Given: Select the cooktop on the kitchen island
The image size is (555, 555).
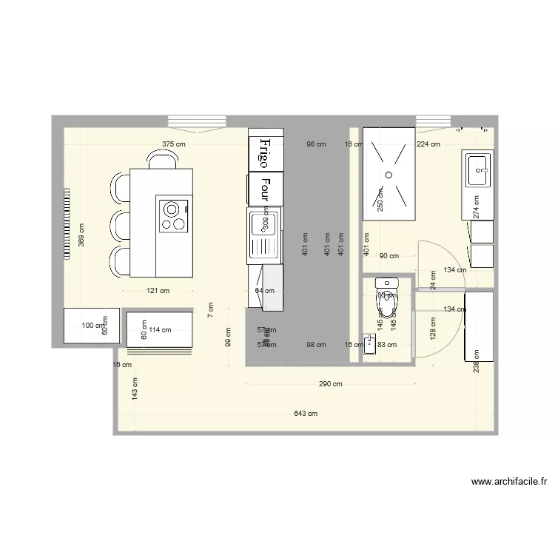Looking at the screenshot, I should click(x=174, y=215).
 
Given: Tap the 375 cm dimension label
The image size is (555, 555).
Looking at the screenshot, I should click(x=174, y=144).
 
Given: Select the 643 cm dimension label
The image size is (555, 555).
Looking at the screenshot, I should click(x=305, y=414).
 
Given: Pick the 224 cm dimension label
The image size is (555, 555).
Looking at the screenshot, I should click(x=428, y=144).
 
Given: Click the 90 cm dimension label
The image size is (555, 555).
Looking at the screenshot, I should click(x=388, y=256).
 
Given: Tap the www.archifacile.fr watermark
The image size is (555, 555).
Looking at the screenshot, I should click(x=509, y=482).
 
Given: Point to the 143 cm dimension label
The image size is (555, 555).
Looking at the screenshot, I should click(x=135, y=388).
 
